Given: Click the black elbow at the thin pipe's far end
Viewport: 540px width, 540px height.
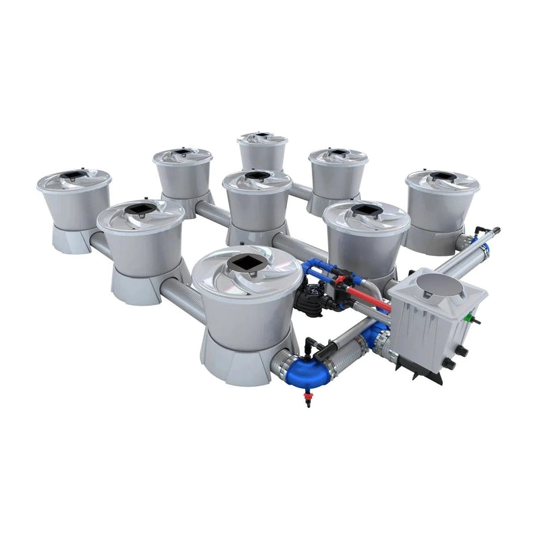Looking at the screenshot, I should pos(480,231).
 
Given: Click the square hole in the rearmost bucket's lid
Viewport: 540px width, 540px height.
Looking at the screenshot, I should pos(263,136).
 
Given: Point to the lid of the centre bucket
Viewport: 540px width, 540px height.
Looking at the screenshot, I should pos(257,178).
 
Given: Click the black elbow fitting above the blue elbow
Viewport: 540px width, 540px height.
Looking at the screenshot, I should pos(311,344).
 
